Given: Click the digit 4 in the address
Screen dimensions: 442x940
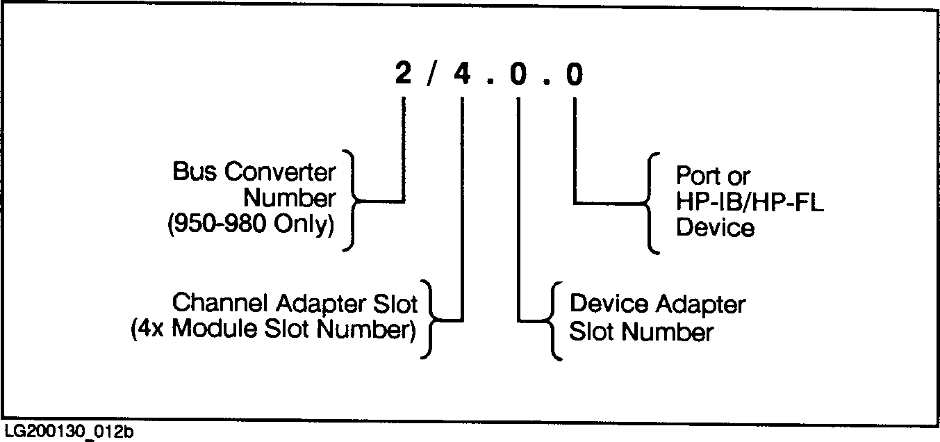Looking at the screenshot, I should [461, 74].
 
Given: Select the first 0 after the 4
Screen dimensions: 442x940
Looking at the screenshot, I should [518, 74].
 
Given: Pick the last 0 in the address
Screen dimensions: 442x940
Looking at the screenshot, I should [575, 74].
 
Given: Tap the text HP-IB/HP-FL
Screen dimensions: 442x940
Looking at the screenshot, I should [750, 202].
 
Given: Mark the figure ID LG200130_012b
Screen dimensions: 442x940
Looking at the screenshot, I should [69, 432].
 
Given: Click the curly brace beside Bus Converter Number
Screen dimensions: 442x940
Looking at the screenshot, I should [352, 202].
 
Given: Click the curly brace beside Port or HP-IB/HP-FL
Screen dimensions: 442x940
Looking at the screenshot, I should [650, 203].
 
